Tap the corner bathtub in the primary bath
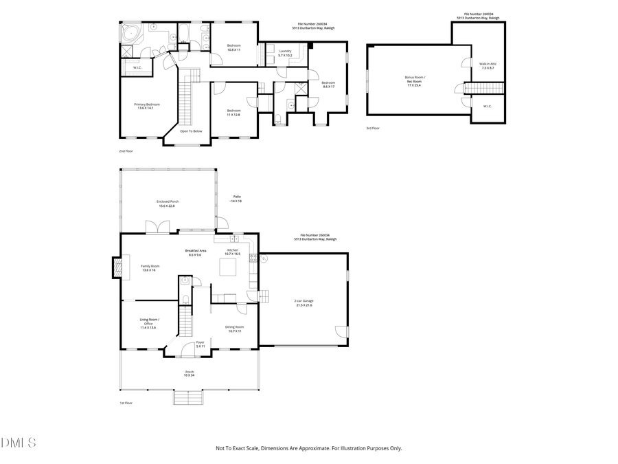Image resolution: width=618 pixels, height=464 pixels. tap(130, 33)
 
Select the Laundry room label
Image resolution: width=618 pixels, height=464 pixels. tap(285, 53)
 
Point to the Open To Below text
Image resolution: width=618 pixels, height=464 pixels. tap(191, 131)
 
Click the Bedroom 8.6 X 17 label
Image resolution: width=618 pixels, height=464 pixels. tap(328, 84)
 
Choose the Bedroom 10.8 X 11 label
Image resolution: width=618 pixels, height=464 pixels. tap(233, 47)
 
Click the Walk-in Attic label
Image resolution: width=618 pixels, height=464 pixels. tap(488, 66)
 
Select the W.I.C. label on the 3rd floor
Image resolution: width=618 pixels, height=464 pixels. tap(487, 106)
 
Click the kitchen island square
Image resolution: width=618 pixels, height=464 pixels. tap(228, 266)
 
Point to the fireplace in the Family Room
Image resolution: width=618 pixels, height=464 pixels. tap(116, 267)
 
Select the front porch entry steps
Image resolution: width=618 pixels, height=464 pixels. tap(189, 398)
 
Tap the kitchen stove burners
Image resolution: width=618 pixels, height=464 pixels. tap(253, 258)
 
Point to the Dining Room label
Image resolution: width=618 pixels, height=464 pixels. tap(235, 329)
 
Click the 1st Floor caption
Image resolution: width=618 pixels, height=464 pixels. tap(125, 403)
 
